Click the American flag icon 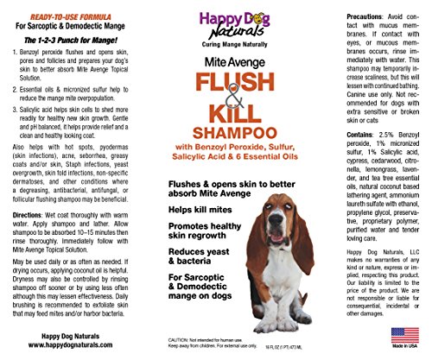[398, 333]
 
